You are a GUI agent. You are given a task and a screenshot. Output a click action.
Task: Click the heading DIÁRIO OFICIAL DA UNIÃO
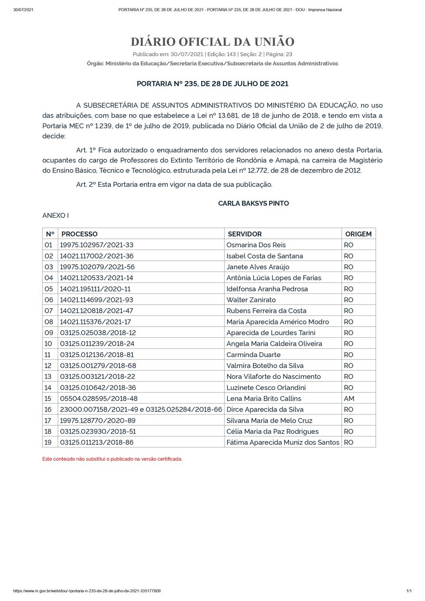(212, 42)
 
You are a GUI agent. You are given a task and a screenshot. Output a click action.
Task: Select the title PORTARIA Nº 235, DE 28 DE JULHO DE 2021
(212, 84)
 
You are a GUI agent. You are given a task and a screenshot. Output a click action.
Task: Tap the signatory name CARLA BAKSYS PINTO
(253, 204)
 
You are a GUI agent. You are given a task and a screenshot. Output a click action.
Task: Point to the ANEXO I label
(55, 216)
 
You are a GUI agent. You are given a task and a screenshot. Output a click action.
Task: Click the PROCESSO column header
(79, 234)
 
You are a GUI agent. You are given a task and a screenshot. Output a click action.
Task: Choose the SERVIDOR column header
(244, 234)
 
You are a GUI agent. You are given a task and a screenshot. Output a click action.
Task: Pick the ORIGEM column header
(358, 234)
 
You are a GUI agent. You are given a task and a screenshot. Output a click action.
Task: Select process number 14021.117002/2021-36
(97, 256)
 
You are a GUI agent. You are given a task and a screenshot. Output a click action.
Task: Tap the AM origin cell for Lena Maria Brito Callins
(349, 399)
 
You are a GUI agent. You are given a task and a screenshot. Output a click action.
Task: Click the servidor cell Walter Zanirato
(251, 300)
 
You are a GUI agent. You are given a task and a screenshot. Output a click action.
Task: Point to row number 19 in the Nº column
(48, 443)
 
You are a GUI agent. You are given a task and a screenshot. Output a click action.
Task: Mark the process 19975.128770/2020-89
(97, 420)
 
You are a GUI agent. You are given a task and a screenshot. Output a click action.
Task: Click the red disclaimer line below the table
(112, 459)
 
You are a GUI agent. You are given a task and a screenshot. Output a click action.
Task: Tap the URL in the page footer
(87, 591)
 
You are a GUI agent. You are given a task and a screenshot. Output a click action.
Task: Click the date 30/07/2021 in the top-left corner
(23, 10)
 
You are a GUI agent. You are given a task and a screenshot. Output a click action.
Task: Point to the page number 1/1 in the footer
(409, 591)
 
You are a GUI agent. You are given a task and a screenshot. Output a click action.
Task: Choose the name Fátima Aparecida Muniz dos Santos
(283, 443)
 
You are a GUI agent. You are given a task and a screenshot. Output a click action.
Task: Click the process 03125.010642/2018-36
(98, 388)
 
